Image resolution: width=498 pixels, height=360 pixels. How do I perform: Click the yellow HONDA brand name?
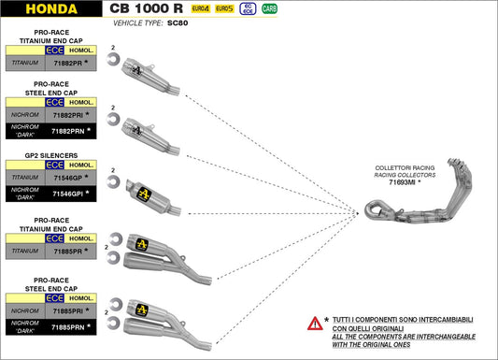(51, 9)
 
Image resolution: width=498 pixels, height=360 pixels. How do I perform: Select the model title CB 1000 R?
(146, 8)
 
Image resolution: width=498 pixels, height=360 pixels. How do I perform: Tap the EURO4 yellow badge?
(201, 8)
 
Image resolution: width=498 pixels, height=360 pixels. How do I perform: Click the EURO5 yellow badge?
(224, 8)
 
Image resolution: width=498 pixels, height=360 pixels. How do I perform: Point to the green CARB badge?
(269, 8)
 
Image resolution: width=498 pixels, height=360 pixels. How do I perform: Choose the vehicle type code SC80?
(178, 23)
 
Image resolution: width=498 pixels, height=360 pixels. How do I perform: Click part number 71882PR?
(67, 63)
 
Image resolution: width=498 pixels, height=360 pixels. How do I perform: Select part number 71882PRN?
(68, 131)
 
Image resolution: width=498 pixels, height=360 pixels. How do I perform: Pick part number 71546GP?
(68, 178)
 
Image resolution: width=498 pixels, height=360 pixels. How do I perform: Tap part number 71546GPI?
(68, 194)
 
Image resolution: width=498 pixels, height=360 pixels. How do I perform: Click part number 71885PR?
(67, 252)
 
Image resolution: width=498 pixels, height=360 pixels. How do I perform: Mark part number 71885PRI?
(68, 311)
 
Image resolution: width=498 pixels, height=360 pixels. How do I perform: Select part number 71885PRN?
(68, 327)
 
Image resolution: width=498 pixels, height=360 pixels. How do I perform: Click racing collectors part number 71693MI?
(402, 182)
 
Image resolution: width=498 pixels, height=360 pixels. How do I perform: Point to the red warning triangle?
(315, 324)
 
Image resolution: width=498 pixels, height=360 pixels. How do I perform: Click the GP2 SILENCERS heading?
(51, 155)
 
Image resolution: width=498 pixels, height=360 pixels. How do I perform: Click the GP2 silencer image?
(153, 197)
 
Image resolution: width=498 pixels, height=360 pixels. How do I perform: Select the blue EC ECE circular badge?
(248, 8)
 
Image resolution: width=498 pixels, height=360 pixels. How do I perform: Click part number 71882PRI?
(68, 115)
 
